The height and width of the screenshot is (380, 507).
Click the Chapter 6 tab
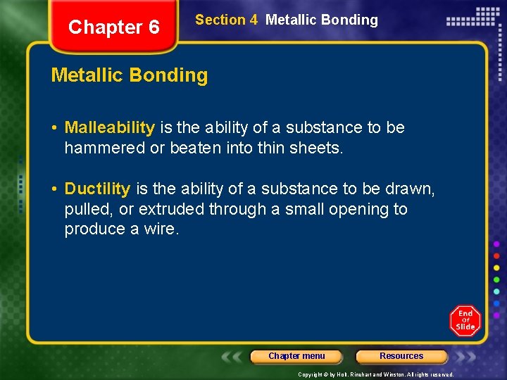(x=114, y=27)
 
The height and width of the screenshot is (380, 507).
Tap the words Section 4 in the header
(x=226, y=20)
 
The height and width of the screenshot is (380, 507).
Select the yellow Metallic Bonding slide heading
(x=130, y=75)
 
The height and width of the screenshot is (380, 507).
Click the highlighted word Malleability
(x=109, y=127)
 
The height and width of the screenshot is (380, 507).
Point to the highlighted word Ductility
(x=97, y=189)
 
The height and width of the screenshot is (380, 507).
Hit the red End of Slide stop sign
(x=465, y=320)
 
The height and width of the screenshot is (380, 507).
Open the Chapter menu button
(x=296, y=356)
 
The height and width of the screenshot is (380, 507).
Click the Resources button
(x=401, y=356)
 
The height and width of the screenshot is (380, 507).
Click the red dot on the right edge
(x=496, y=255)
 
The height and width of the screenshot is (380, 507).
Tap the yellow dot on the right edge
(x=496, y=267)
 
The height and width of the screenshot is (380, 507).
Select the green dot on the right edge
(x=496, y=279)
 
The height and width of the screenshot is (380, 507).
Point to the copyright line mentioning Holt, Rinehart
(x=376, y=374)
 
